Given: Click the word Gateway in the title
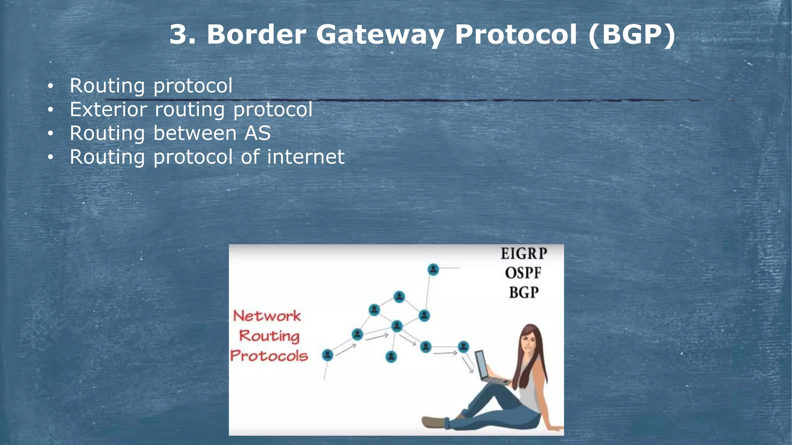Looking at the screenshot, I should click(x=380, y=35).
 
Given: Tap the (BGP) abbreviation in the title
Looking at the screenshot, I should click(x=632, y=35).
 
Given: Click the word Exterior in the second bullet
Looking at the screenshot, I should click(x=108, y=110).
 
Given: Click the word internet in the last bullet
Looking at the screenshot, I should click(x=306, y=157).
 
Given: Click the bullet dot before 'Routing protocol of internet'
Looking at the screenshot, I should click(x=50, y=158).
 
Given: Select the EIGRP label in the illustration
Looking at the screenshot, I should click(x=524, y=254).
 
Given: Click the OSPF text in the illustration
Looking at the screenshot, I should click(x=523, y=273).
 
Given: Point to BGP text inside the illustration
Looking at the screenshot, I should click(x=524, y=293).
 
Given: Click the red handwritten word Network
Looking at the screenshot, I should click(x=267, y=316).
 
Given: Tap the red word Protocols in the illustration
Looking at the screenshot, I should click(x=269, y=356).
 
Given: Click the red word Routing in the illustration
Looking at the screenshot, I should click(x=269, y=336).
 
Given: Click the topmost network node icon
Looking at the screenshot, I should click(x=433, y=269).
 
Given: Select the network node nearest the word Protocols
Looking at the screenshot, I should click(x=328, y=355).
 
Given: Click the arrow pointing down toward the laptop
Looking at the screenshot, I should click(x=468, y=365).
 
